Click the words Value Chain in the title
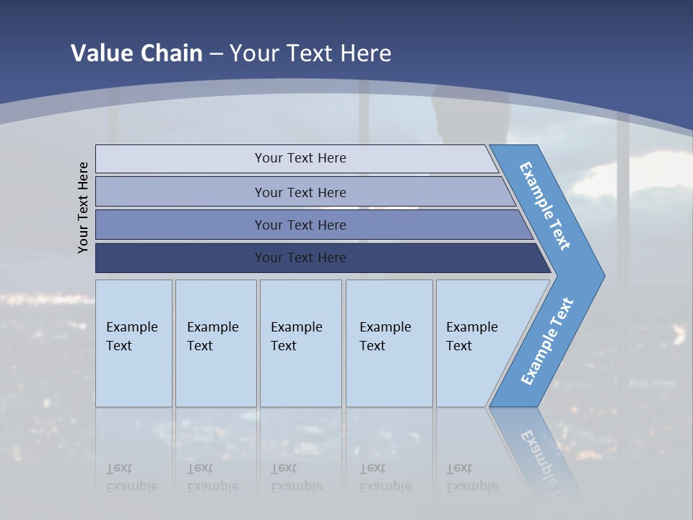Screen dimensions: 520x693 [136, 53]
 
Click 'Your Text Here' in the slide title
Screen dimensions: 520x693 [310, 53]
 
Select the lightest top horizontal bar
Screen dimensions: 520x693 [180, 159]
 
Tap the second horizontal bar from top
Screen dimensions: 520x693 [180, 192]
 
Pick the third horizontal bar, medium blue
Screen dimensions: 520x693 [180, 225]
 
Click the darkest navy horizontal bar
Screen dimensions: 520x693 [180, 258]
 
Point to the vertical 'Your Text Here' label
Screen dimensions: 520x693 [83, 207]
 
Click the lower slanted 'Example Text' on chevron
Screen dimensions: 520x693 [546, 341]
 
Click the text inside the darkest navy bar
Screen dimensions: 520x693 [300, 258]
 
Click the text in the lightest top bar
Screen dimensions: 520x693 [300, 158]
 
